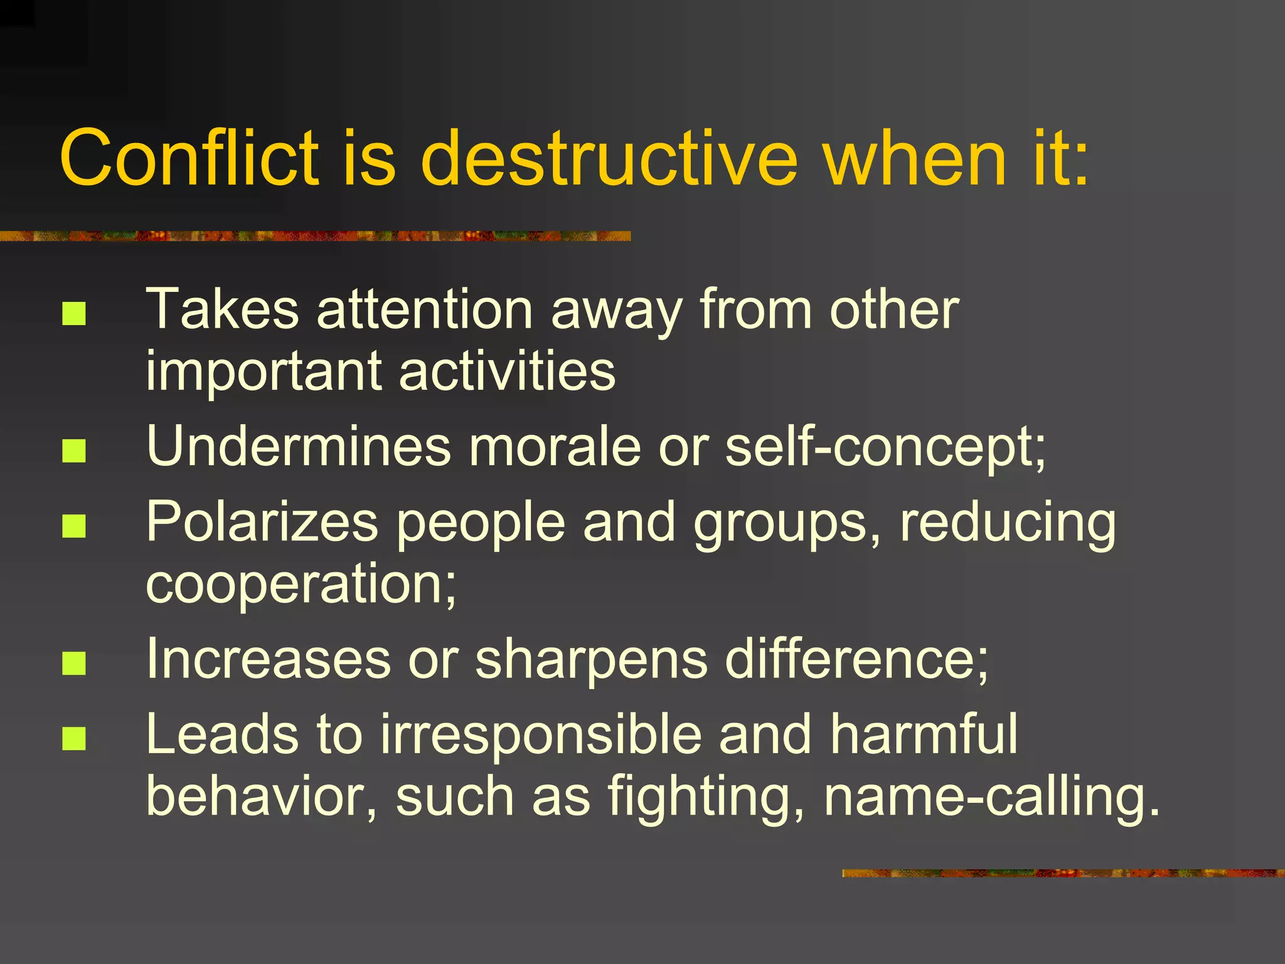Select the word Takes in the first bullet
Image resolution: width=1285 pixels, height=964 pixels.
[223, 309]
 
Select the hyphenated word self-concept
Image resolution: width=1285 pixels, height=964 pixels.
[885, 447]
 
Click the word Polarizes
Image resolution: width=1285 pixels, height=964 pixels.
[262, 522]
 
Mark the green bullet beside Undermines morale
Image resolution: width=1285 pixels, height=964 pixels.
[74, 451]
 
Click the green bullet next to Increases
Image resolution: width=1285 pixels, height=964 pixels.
[74, 663]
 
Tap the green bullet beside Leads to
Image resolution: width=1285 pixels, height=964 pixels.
[74, 739]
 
